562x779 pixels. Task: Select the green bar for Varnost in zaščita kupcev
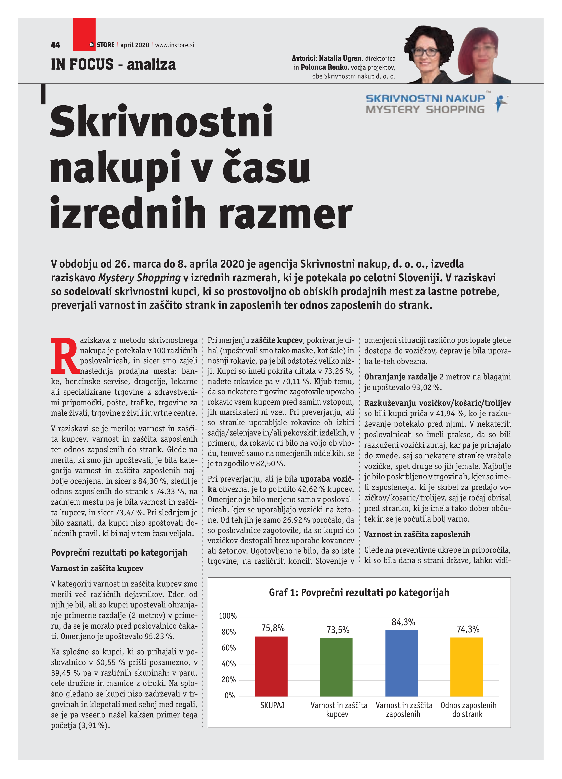(x=336, y=667)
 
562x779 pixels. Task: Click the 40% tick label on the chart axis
(x=229, y=664)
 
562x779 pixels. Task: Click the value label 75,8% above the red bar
(x=273, y=628)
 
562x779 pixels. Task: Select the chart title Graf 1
(x=359, y=592)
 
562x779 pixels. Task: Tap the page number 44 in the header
(x=55, y=45)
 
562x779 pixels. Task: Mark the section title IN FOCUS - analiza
(x=113, y=65)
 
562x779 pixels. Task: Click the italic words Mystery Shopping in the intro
(x=139, y=278)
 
